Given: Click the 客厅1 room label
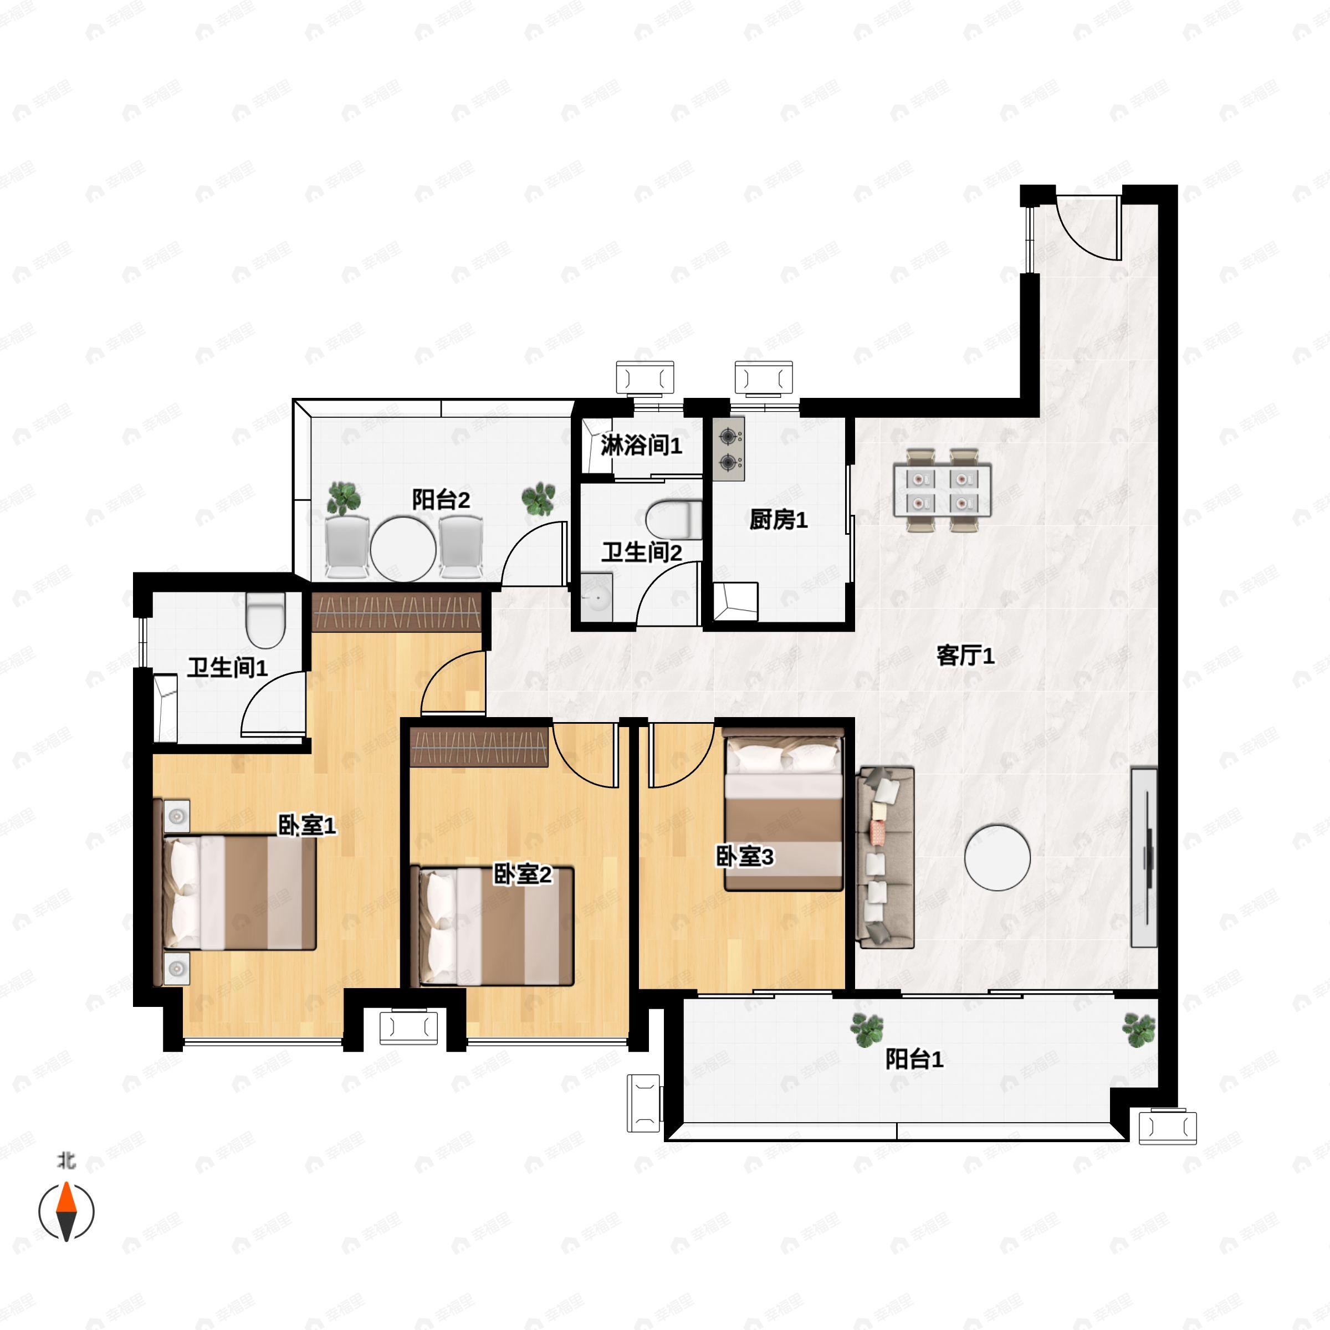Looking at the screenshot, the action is coord(965,656).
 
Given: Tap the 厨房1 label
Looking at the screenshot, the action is coord(778,520).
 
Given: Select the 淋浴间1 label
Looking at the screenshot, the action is coord(641,446).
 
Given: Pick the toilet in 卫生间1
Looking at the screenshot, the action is coord(266,620).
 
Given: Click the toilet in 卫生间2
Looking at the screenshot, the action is coord(674,520).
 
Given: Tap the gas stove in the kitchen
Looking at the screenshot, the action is coord(728,449).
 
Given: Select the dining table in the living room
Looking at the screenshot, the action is coord(942,490).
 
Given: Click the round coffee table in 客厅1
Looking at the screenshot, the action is coord(997,858).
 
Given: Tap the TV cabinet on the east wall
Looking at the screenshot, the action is coord(1144,857).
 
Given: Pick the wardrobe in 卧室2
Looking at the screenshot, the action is coord(479,748).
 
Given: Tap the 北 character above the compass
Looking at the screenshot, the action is coord(66,1160).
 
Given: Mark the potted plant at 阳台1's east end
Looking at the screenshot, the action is coord(1139,1029).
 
